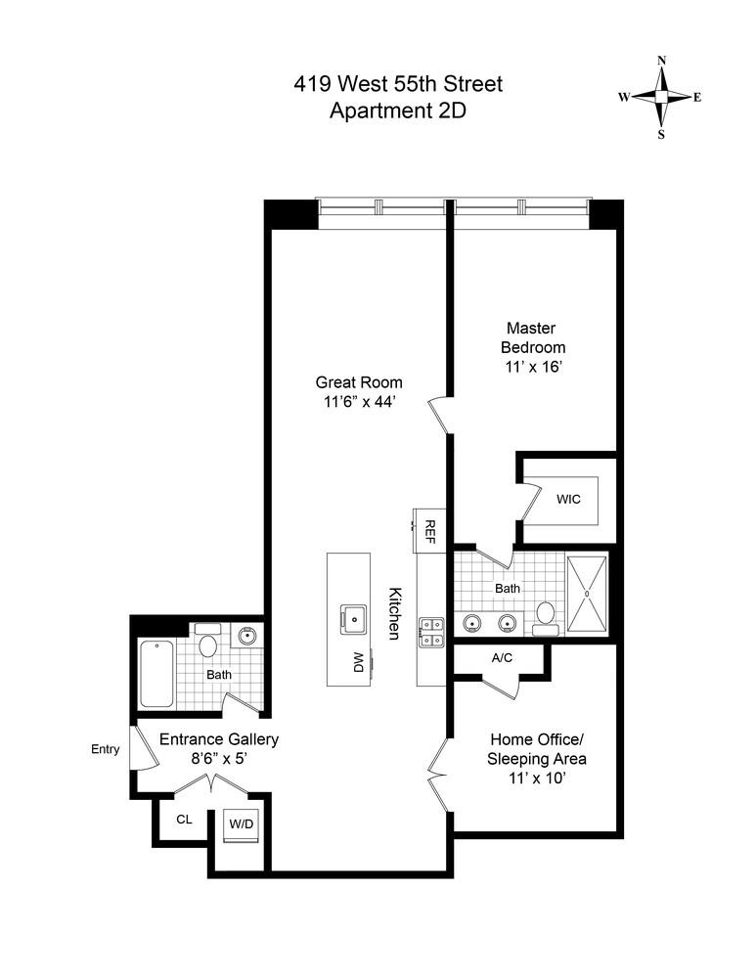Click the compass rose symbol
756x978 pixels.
pos(662,97)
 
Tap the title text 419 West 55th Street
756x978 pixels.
pos(398,84)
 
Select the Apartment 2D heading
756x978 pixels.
pos(398,111)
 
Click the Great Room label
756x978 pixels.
pos(359,382)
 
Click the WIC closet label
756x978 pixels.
pos(568,499)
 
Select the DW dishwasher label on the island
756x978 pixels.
pos(358,662)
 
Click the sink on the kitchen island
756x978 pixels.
pos(352,617)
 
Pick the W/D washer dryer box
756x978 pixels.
pos(241,823)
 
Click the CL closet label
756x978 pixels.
pos(183,820)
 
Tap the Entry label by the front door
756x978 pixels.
pos(105,750)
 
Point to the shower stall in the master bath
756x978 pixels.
pos(586,593)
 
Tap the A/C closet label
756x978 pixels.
pos(502,658)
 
